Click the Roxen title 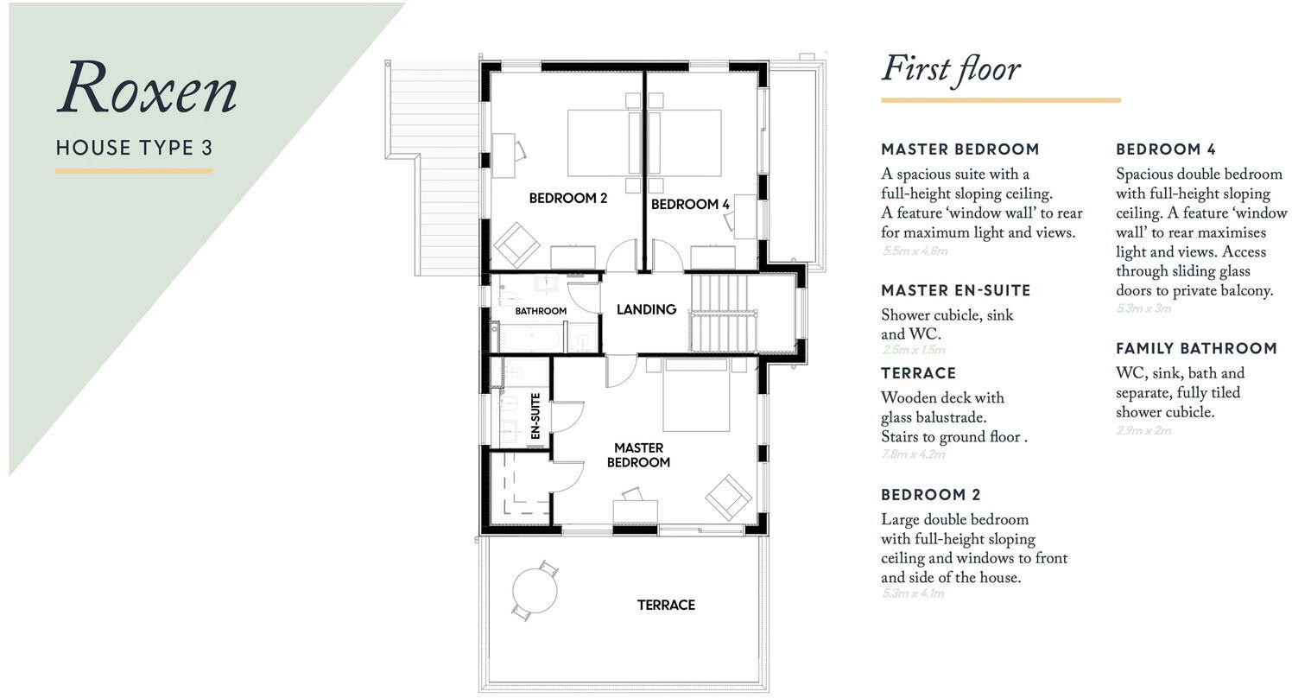[x=147, y=89]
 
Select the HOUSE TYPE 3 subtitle [x=134, y=148]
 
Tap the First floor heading [x=951, y=69]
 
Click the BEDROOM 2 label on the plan [x=568, y=198]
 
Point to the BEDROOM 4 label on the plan [x=690, y=205]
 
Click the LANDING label [x=646, y=309]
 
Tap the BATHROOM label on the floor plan [x=541, y=311]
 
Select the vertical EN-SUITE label [x=535, y=417]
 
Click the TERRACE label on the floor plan [x=666, y=605]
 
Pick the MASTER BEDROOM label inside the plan [x=639, y=455]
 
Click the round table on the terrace [x=535, y=591]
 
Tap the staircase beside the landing [x=724, y=313]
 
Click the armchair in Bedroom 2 [x=516, y=244]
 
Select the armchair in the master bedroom [x=729, y=497]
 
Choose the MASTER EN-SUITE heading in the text [x=955, y=290]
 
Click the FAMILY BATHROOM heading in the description [x=1196, y=348]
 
